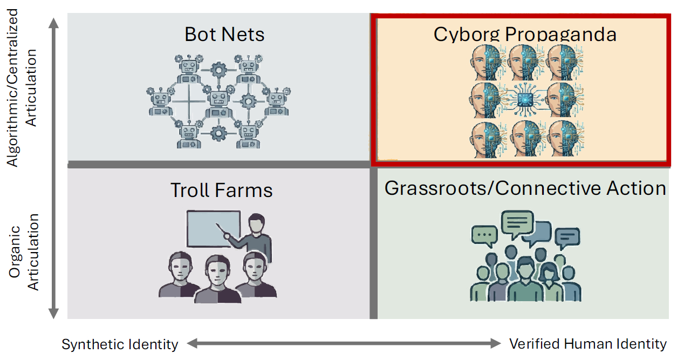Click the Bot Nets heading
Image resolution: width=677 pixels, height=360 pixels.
224,35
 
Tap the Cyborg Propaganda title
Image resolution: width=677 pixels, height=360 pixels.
524,35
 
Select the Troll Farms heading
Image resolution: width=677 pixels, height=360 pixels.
221,190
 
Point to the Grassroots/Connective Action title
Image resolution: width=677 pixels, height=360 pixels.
525,188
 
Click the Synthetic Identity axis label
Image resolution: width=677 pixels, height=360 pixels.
120,344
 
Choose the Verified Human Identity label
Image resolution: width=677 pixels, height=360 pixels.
588,344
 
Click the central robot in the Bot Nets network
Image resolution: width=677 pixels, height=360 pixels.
218,100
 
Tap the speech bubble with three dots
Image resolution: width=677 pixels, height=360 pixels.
484,236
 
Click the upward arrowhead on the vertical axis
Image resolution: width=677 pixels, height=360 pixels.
53,23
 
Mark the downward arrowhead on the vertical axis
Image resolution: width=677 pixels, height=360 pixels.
53,313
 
